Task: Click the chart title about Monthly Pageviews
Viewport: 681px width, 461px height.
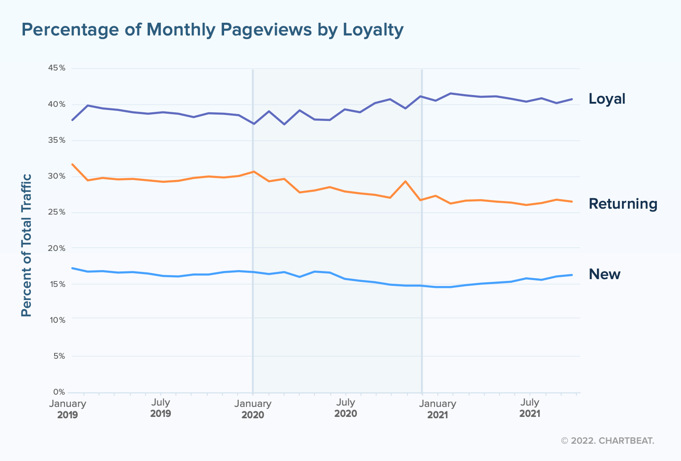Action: click(x=212, y=30)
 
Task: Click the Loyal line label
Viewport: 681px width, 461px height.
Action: click(x=607, y=99)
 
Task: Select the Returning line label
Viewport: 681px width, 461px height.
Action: click(x=623, y=204)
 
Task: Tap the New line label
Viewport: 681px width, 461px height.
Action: click(x=604, y=274)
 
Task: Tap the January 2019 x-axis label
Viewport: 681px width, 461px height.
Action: click(x=68, y=409)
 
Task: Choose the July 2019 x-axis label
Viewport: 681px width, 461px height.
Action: click(x=160, y=408)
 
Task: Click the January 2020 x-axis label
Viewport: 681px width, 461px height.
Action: click(x=253, y=409)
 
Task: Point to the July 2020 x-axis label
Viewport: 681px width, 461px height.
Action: click(x=346, y=408)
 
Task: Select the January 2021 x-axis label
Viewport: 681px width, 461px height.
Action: click(x=437, y=409)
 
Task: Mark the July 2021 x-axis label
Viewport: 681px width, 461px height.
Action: click(x=530, y=408)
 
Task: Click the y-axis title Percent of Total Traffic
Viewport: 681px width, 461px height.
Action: click(x=27, y=245)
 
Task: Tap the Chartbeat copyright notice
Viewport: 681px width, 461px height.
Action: click(x=607, y=441)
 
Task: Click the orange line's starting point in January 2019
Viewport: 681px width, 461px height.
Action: click(x=72, y=164)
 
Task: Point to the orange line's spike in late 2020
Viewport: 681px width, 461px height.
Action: click(x=405, y=181)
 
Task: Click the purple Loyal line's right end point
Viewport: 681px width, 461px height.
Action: click(x=572, y=99)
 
